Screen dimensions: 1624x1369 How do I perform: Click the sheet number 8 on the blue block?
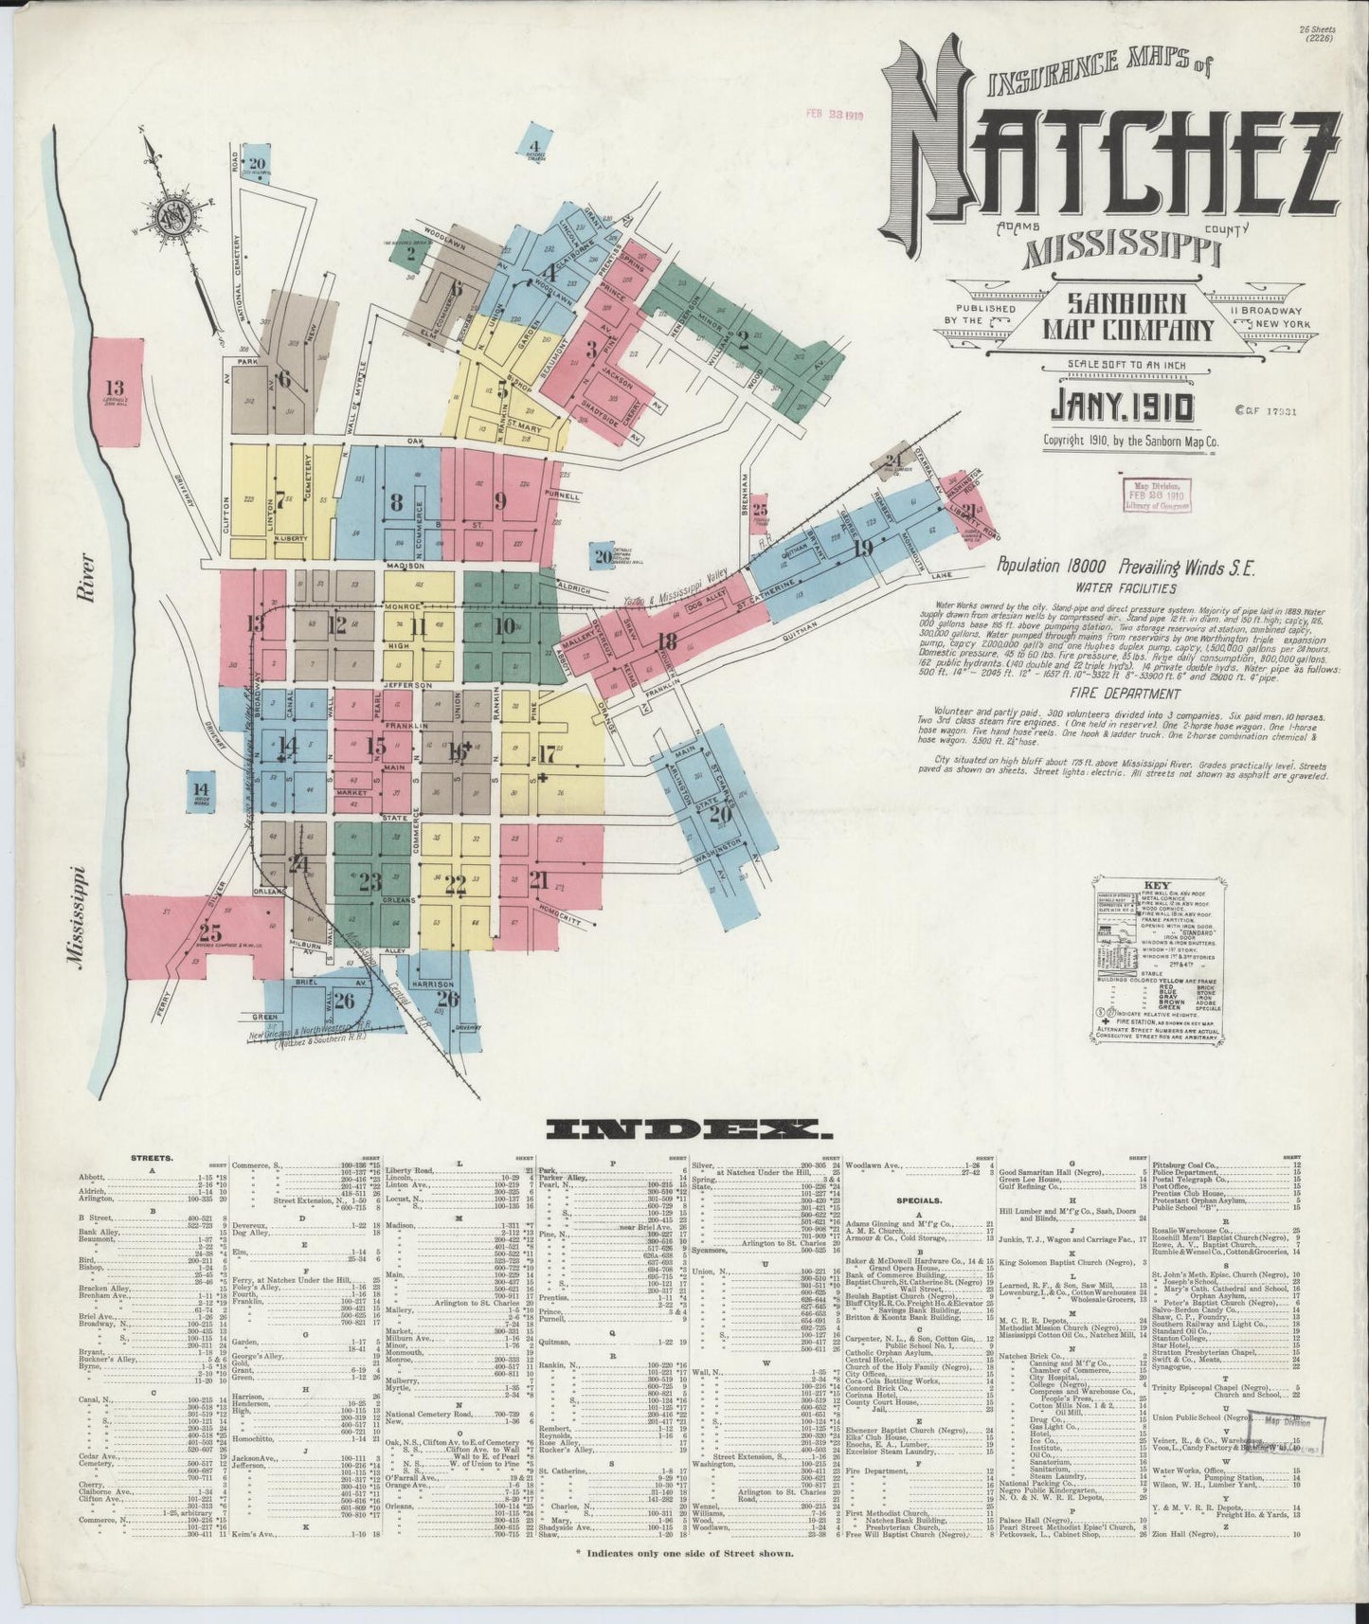coord(396,501)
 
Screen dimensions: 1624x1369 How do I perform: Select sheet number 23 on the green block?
coord(369,881)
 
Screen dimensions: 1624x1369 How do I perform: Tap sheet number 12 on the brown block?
coord(335,625)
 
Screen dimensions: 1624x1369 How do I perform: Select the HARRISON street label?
coord(434,984)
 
